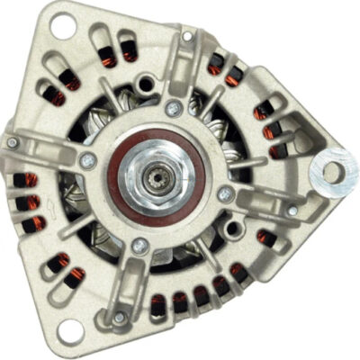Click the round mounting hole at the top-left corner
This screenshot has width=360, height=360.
click(63, 27)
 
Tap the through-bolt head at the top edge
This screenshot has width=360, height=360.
click(186, 37)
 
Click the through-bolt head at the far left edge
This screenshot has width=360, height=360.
click(13, 142)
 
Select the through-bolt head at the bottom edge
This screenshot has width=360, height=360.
click(120, 317)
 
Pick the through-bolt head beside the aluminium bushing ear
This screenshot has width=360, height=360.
click(292, 211)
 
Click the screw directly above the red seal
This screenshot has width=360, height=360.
click(175, 108)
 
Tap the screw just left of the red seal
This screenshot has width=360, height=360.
click(87, 160)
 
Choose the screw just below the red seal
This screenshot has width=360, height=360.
click(139, 244)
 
